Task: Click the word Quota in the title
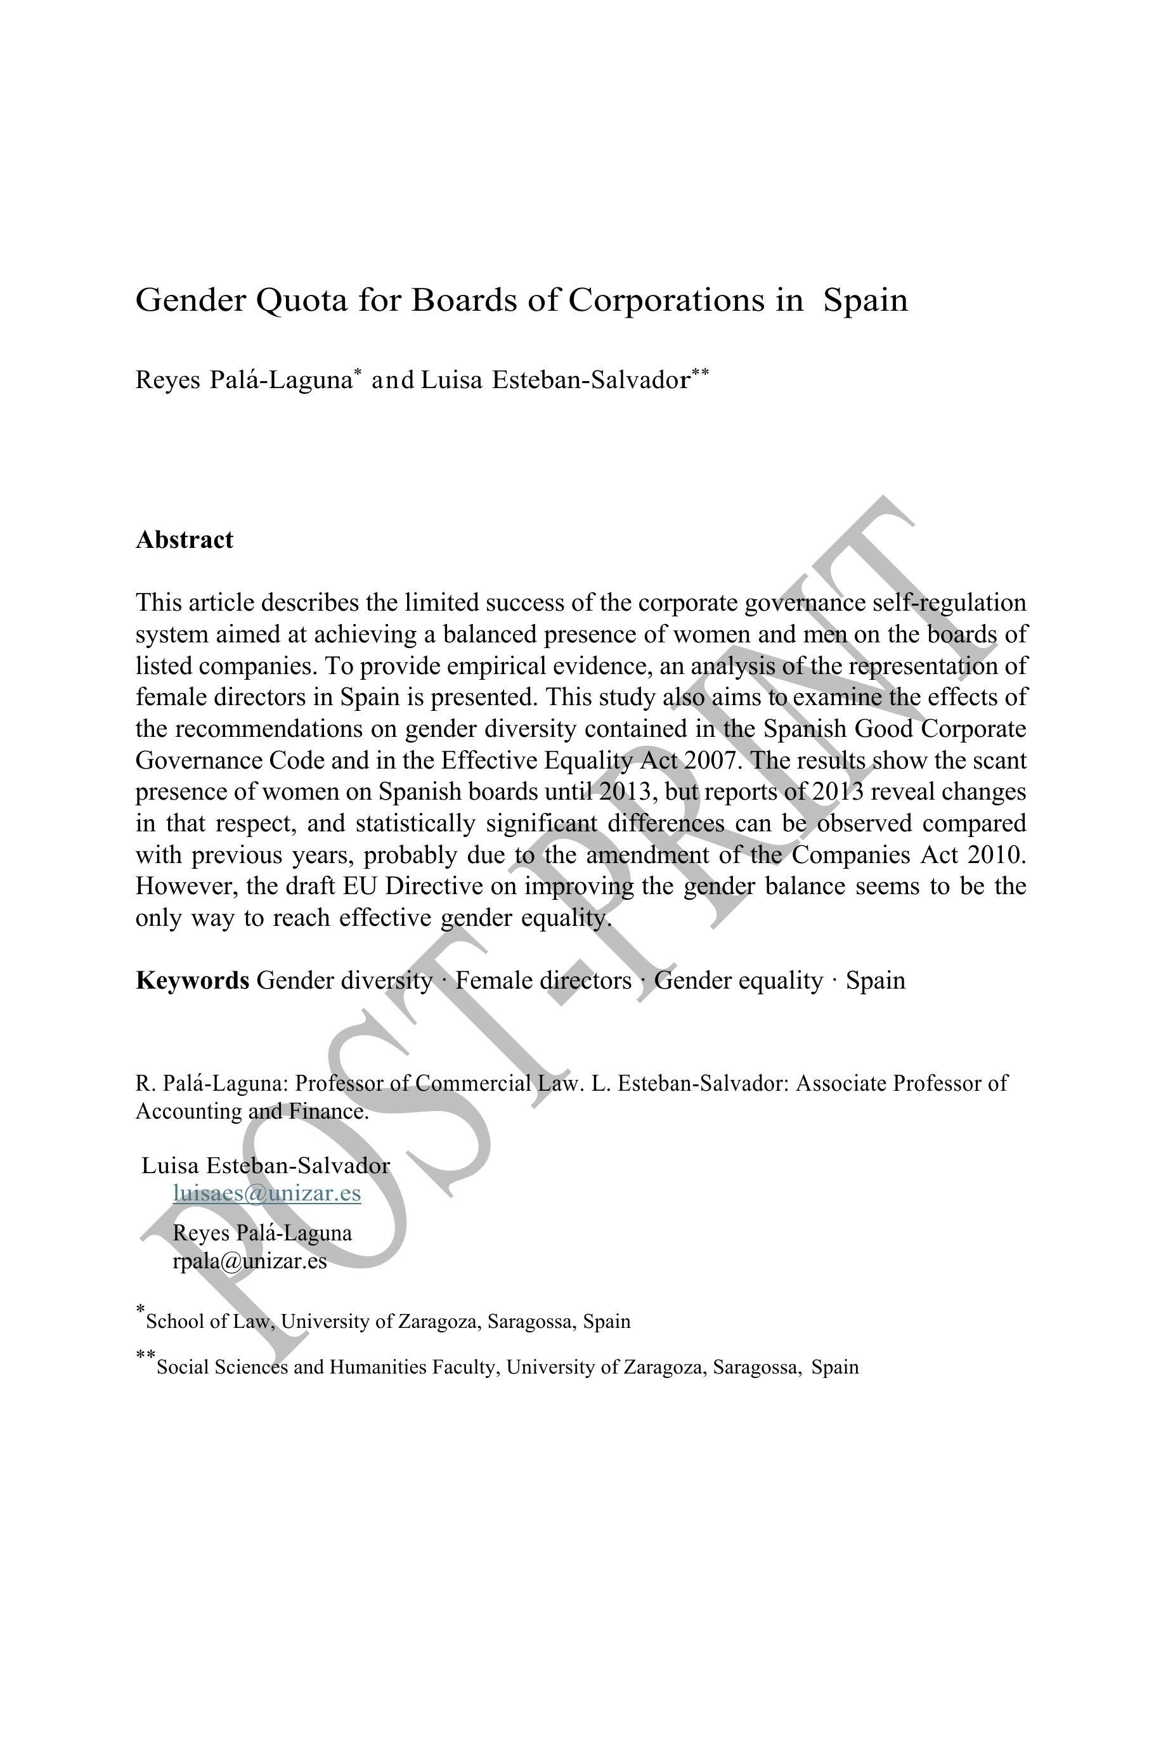coord(301,301)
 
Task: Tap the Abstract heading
coord(185,540)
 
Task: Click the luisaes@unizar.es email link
coord(266,1193)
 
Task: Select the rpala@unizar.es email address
coord(250,1261)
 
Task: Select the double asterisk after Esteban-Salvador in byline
coord(700,372)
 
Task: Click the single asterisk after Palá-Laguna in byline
coord(358,372)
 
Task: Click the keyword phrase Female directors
coord(543,980)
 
